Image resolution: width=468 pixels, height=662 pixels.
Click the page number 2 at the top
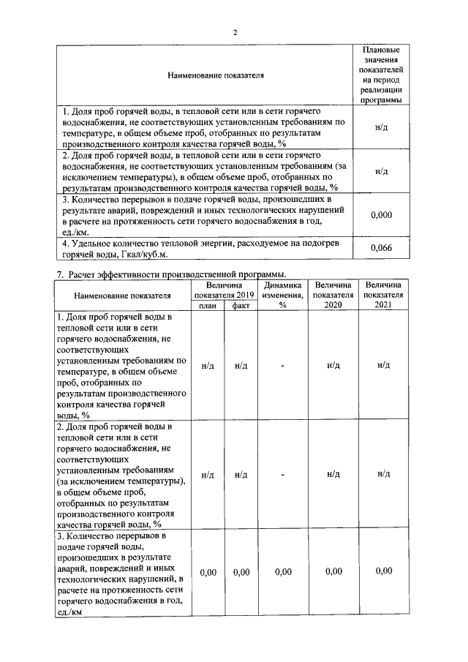(235, 32)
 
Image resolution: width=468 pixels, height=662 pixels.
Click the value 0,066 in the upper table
(381, 249)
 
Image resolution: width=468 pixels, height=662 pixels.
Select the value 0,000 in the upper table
(381, 214)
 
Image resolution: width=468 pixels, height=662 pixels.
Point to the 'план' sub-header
(208, 306)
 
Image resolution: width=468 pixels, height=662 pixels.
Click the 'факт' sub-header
(241, 306)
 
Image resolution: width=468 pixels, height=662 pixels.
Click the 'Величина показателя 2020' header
(333, 295)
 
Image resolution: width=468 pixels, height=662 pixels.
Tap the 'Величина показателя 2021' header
(383, 295)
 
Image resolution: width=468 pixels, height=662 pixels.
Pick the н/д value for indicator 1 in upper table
(381, 127)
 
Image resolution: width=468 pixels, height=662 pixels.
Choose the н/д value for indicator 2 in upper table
(381, 171)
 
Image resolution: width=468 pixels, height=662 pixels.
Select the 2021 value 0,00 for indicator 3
(383, 572)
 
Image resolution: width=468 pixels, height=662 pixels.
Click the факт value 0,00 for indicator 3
(241, 572)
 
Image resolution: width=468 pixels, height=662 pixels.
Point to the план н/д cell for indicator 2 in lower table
(208, 475)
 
